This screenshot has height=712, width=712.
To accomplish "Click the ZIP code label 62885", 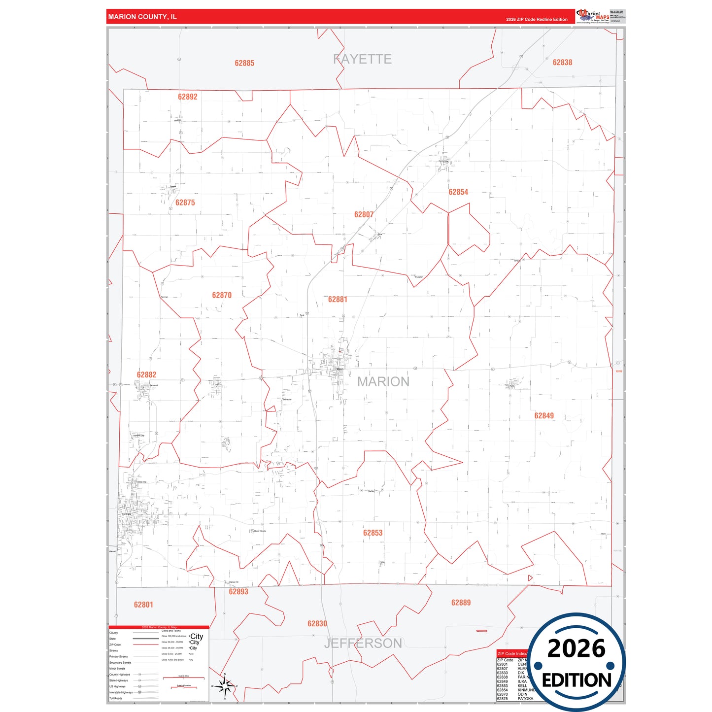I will tap(244, 63).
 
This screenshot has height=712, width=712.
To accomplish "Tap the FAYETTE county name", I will tap(362, 59).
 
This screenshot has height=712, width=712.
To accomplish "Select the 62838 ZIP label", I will tap(562, 63).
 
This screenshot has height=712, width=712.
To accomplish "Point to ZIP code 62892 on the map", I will tap(188, 97).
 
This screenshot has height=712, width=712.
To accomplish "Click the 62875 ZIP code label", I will tap(185, 203).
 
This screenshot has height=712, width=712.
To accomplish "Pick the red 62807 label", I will tap(364, 214).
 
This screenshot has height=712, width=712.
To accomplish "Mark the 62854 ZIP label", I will tap(458, 192).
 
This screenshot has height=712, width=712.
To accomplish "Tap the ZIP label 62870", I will tap(222, 295).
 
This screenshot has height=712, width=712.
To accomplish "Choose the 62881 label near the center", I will tap(338, 299).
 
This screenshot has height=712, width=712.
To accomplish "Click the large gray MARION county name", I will tap(383, 382).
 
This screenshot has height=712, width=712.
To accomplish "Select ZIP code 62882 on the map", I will tap(146, 375).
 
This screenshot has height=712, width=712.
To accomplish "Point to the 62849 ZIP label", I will tap(544, 416).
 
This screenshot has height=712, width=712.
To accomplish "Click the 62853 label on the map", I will tap(373, 533).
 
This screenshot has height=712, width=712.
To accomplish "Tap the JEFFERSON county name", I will tap(363, 643).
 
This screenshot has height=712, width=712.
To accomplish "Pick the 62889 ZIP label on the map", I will tap(461, 603).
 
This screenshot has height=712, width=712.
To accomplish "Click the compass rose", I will tap(225, 685).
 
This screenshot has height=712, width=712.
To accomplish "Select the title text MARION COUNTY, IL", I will tap(142, 17).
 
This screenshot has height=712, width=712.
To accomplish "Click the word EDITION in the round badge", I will tap(576, 680).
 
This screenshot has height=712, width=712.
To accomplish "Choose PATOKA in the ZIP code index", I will tap(525, 699).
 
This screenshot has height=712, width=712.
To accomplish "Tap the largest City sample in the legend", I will tap(197, 636).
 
